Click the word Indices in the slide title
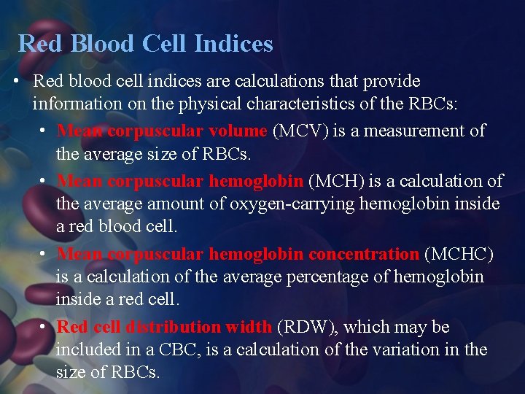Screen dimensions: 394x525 click(x=234, y=44)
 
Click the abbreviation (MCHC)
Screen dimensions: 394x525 click(x=459, y=254)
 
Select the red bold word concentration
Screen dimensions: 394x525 click(x=364, y=254)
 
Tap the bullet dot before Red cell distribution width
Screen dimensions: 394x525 click(x=44, y=328)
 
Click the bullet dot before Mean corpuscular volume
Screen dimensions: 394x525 click(x=44, y=132)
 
